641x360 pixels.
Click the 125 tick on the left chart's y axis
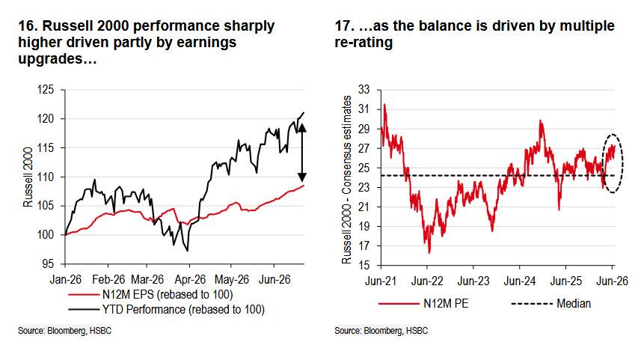46,90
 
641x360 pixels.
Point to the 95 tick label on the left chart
48,264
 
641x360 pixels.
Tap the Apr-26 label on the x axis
190,280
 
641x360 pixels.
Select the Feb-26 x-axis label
108,280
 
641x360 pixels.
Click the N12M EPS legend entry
151,295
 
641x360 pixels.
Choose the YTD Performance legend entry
166,309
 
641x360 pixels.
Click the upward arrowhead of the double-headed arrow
301,128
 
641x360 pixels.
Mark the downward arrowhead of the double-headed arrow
301,177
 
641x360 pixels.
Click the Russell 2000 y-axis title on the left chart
28,177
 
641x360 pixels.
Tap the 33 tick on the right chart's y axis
364,90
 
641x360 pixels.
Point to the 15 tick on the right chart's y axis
364,265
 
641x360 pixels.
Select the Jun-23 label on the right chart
473,281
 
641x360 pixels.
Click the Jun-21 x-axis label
381,281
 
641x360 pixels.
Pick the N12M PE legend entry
423,304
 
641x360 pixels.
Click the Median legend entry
551,304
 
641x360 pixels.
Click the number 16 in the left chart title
26,25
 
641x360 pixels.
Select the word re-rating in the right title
364,43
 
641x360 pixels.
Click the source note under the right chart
381,331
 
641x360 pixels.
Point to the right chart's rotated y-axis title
346,180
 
